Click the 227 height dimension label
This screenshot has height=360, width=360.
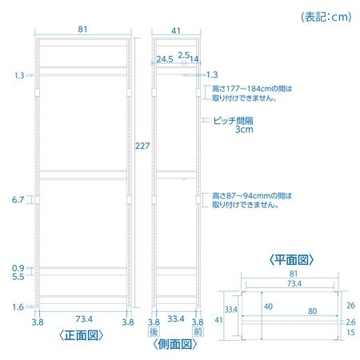[x=142, y=146]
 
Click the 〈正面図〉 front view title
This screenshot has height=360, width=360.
[x=81, y=335]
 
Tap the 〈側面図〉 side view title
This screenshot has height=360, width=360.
[x=175, y=344]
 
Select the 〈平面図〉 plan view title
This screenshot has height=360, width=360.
[x=291, y=259]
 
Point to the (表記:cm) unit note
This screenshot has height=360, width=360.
[x=326, y=17]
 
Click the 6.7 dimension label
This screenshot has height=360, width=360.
[x=18, y=200]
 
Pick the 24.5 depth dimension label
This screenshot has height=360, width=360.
[x=165, y=59]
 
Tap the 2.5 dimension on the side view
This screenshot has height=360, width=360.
[x=183, y=55]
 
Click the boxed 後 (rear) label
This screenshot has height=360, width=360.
[x=154, y=332]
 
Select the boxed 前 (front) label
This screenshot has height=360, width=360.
[x=198, y=332]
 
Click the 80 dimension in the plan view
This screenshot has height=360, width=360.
[x=312, y=311]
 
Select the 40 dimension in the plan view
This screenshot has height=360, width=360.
[x=268, y=306]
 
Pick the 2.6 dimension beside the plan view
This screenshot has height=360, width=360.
[x=350, y=322]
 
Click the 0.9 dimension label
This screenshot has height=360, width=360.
[x=18, y=268]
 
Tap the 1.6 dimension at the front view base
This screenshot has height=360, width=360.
[x=18, y=307]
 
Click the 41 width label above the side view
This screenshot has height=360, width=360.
[x=176, y=30]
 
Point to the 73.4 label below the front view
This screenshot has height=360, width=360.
[x=84, y=318]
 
